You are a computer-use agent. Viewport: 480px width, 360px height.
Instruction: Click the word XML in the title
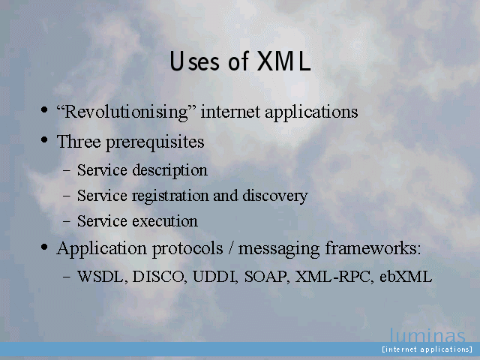283,61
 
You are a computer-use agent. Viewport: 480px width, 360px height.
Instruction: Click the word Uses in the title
195,61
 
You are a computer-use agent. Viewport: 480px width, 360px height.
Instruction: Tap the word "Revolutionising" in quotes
126,112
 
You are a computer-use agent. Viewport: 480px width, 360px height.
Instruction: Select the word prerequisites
155,142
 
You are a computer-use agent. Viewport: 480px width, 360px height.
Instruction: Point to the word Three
79,142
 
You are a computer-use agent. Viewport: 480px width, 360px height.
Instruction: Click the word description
170,170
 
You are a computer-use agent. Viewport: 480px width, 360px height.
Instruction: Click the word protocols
187,248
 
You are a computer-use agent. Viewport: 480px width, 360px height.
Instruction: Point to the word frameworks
373,248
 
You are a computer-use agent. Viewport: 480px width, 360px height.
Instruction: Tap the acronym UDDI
215,277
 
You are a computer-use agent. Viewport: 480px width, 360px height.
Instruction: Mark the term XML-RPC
334,277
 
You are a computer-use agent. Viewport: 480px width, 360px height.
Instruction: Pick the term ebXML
406,277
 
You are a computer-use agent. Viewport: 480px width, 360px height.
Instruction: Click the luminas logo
427,335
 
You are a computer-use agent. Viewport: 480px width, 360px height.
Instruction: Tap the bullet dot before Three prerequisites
44,140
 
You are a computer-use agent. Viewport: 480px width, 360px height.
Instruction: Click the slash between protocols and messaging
230,248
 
